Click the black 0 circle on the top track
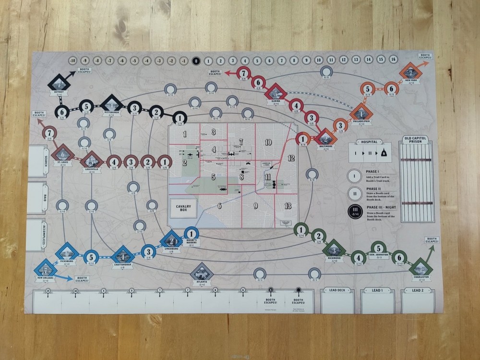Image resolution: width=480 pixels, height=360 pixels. point(195,61)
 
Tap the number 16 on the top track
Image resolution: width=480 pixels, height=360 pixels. point(393,59)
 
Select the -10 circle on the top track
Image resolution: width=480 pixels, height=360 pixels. point(72,61)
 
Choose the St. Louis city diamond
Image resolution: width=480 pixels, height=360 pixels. point(62,155)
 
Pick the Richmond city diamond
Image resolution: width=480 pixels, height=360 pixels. point(334,251)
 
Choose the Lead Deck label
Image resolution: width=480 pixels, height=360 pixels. point(337,290)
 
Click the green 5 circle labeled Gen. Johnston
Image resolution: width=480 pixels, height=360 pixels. point(378,249)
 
